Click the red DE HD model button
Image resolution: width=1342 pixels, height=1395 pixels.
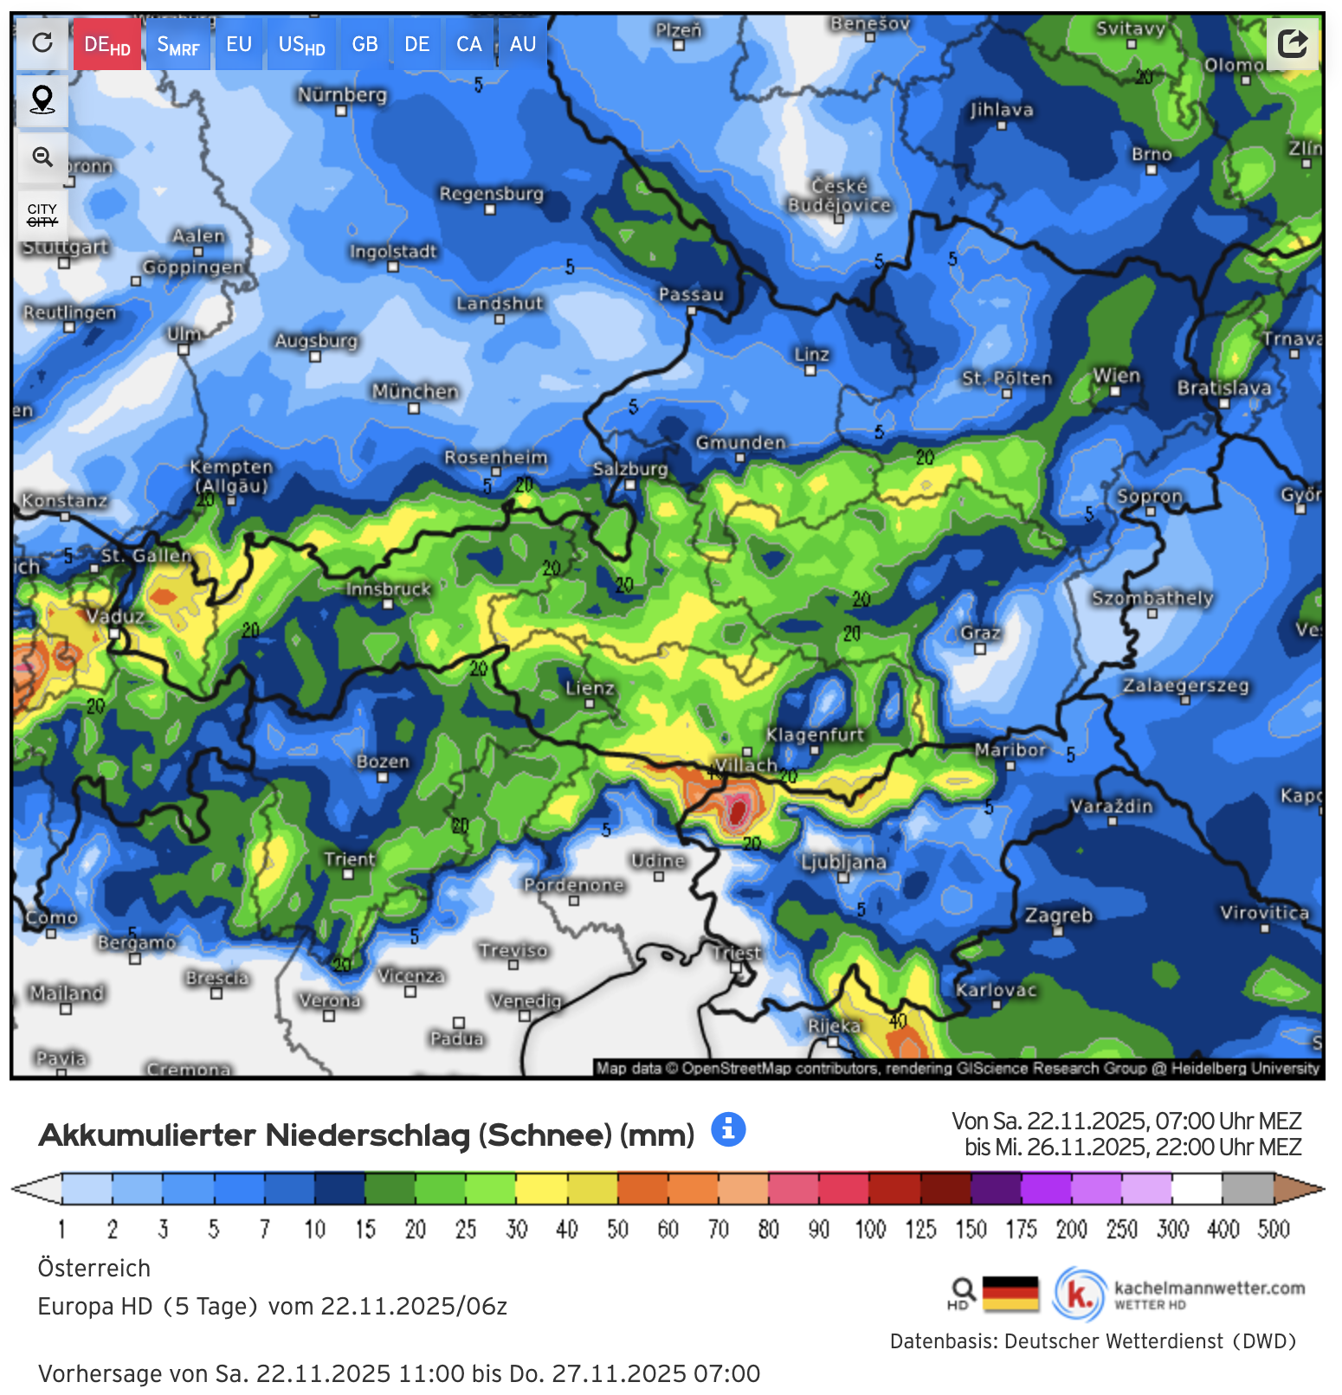pyautogui.click(x=106, y=45)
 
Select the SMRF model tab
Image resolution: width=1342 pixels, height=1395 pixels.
pyautogui.click(x=178, y=45)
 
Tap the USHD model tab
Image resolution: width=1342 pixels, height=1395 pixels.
pyautogui.click(x=301, y=45)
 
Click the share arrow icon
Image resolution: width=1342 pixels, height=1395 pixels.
pyautogui.click(x=1292, y=43)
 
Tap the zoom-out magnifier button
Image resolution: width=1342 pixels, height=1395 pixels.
pyautogui.click(x=42, y=157)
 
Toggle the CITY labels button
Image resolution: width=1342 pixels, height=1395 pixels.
pyautogui.click(x=42, y=215)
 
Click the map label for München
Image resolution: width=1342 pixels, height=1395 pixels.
pyautogui.click(x=415, y=392)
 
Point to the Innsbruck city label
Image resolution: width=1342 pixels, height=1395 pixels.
pyautogui.click(x=388, y=589)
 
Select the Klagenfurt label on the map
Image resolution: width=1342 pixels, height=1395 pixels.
pyautogui.click(x=815, y=735)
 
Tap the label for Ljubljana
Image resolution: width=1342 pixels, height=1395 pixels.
pyautogui.click(x=843, y=862)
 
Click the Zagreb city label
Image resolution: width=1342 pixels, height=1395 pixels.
pyautogui.click(x=1058, y=916)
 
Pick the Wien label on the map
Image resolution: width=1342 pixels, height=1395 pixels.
pyautogui.click(x=1116, y=376)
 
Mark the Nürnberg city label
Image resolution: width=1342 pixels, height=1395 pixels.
pyautogui.click(x=342, y=94)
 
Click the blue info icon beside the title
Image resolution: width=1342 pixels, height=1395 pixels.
pyautogui.click(x=728, y=1129)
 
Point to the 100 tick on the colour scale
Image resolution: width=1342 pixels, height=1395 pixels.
pyautogui.click(x=870, y=1229)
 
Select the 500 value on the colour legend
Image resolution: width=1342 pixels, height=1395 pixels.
pyautogui.click(x=1274, y=1229)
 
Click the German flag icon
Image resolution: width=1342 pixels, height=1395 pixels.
pyautogui.click(x=1010, y=1294)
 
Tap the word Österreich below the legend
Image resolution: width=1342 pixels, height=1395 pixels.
pyautogui.click(x=94, y=1268)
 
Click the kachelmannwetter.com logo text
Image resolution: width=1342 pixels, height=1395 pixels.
pyautogui.click(x=1209, y=1288)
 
